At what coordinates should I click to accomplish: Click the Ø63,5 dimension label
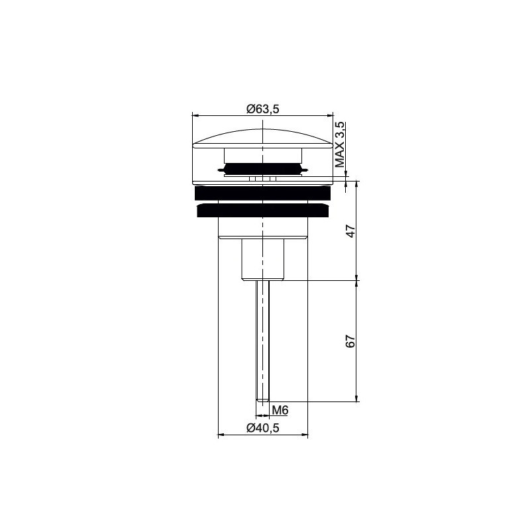[262, 109]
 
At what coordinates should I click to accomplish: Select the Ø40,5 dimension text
[262, 428]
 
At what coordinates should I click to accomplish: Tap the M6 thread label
[280, 410]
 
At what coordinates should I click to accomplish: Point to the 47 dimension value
[351, 231]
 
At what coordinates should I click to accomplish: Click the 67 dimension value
[351, 341]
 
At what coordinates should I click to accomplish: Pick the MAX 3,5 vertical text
[340, 144]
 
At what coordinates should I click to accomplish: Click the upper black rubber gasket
[262, 193]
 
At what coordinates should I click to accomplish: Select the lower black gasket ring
[262, 210]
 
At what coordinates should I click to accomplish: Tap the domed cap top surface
[262, 137]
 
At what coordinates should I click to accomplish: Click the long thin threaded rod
[262, 341]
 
